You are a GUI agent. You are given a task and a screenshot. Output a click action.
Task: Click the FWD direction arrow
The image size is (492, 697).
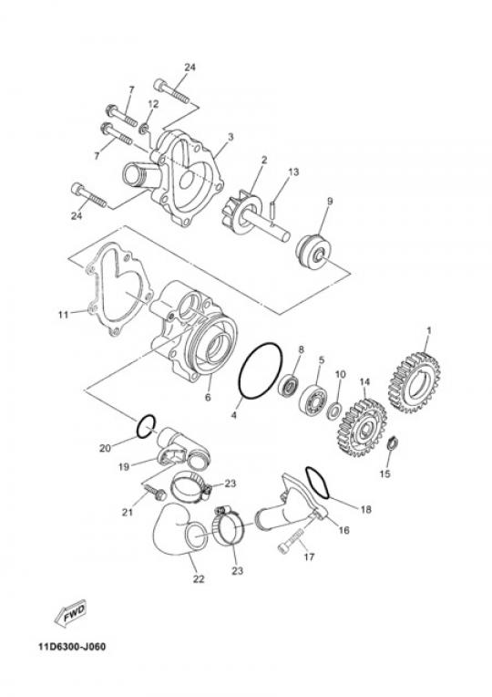[70, 614]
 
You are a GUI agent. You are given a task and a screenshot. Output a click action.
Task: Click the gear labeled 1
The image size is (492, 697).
[413, 383]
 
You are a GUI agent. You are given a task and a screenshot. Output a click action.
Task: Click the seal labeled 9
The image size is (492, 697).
[313, 252]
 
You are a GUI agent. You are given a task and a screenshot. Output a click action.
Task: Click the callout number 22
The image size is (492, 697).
[198, 578]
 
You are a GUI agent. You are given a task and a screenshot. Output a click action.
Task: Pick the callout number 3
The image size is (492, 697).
[231, 138]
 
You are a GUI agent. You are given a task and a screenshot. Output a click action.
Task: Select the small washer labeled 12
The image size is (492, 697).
[144, 130]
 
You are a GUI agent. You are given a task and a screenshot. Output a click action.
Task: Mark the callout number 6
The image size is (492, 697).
[208, 398]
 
